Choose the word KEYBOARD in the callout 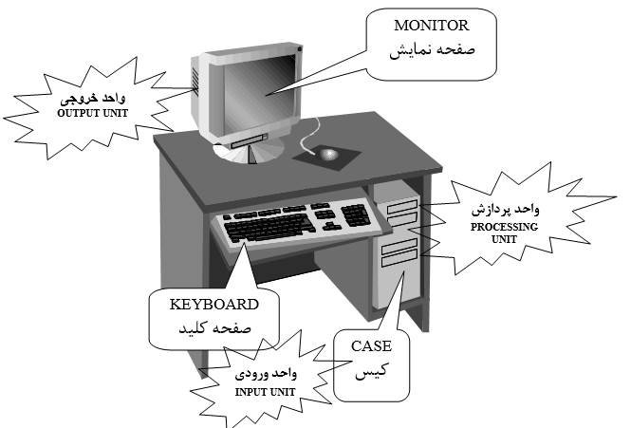tap(213, 306)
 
